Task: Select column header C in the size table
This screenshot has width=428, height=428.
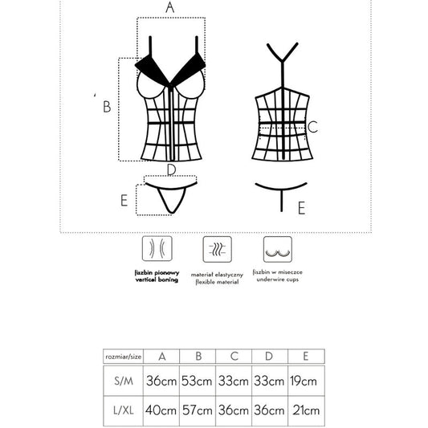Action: pyautogui.click(x=234, y=355)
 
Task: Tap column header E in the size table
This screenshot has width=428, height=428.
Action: pyautogui.click(x=306, y=355)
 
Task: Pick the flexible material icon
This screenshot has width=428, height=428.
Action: pyautogui.click(x=214, y=250)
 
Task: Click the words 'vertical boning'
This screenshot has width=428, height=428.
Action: pyautogui.click(x=156, y=279)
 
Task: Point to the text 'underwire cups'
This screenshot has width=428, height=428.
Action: pyautogui.click(x=276, y=279)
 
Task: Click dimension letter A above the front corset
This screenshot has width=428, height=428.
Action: pyautogui.click(x=169, y=7)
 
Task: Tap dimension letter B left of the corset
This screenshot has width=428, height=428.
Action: pyautogui.click(x=106, y=105)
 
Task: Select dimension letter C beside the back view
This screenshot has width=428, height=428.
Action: pyautogui.click(x=313, y=127)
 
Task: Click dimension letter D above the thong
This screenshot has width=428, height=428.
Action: pyautogui.click(x=170, y=169)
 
